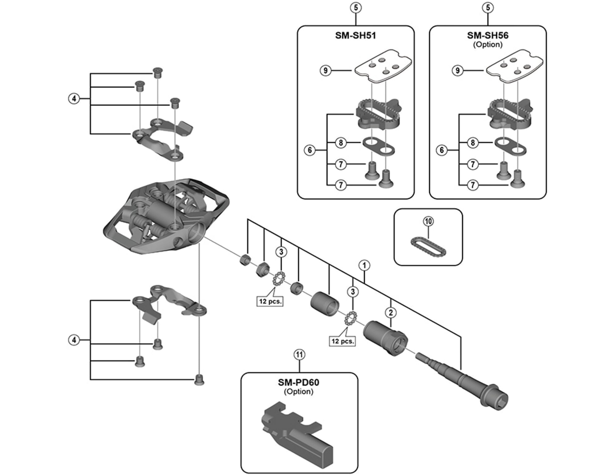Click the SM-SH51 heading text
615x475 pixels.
point(355,35)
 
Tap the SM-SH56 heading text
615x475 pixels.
point(488,35)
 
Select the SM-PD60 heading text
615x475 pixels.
point(299,382)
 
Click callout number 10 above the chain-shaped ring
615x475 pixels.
point(428,221)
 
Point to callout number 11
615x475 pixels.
point(299,354)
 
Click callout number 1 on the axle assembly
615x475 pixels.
point(364,265)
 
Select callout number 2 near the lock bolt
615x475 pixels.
point(390,312)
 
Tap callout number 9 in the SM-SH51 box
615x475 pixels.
point(325,70)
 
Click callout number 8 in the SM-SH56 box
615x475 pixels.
point(473,143)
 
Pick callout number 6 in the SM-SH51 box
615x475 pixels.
point(310,150)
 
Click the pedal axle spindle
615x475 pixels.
point(464,383)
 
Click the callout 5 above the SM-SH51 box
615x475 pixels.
point(356,8)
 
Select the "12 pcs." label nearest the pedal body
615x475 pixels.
point(270,301)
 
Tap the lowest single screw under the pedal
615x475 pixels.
point(199,380)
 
